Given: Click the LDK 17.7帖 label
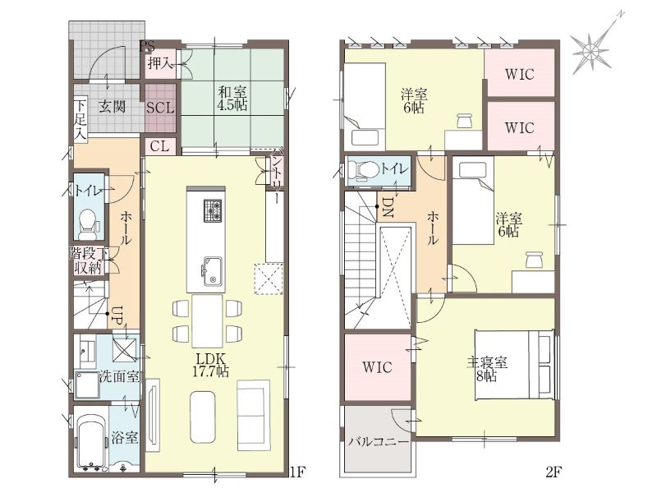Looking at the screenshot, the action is (210, 365).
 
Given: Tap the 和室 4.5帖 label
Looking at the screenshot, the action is (232, 98).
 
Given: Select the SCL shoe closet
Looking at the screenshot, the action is (160, 108).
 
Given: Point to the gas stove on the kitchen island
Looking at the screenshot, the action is (213, 210).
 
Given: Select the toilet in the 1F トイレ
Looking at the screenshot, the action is (88, 222).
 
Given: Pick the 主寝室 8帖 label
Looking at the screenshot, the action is (487, 369).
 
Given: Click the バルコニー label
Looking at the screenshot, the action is (379, 442).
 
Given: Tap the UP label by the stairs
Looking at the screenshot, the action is (117, 316).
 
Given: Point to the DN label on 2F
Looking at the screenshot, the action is (387, 207).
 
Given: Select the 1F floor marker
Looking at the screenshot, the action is (297, 472).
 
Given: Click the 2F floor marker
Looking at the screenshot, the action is (553, 472).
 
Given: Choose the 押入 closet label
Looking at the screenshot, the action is (160, 64).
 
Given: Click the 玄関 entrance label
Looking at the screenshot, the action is (112, 106).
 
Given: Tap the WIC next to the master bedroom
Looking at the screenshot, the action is (377, 367).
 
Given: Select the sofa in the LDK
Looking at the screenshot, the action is (253, 413).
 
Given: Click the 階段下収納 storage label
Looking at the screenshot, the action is (89, 260).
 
